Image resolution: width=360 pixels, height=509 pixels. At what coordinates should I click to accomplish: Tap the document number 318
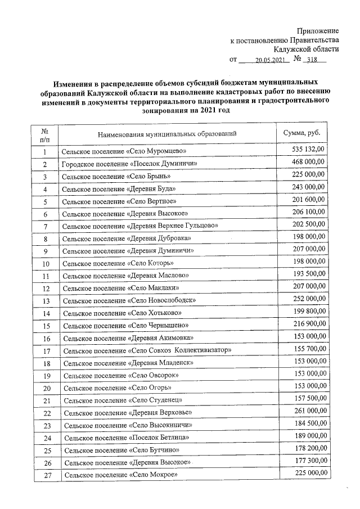tap(317, 60)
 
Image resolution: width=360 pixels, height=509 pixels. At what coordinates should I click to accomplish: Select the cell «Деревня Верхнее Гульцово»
tap(139, 226)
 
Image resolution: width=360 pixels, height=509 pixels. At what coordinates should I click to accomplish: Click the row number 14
tap(46, 313)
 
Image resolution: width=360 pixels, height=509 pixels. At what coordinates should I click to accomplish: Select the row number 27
tap(47, 476)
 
